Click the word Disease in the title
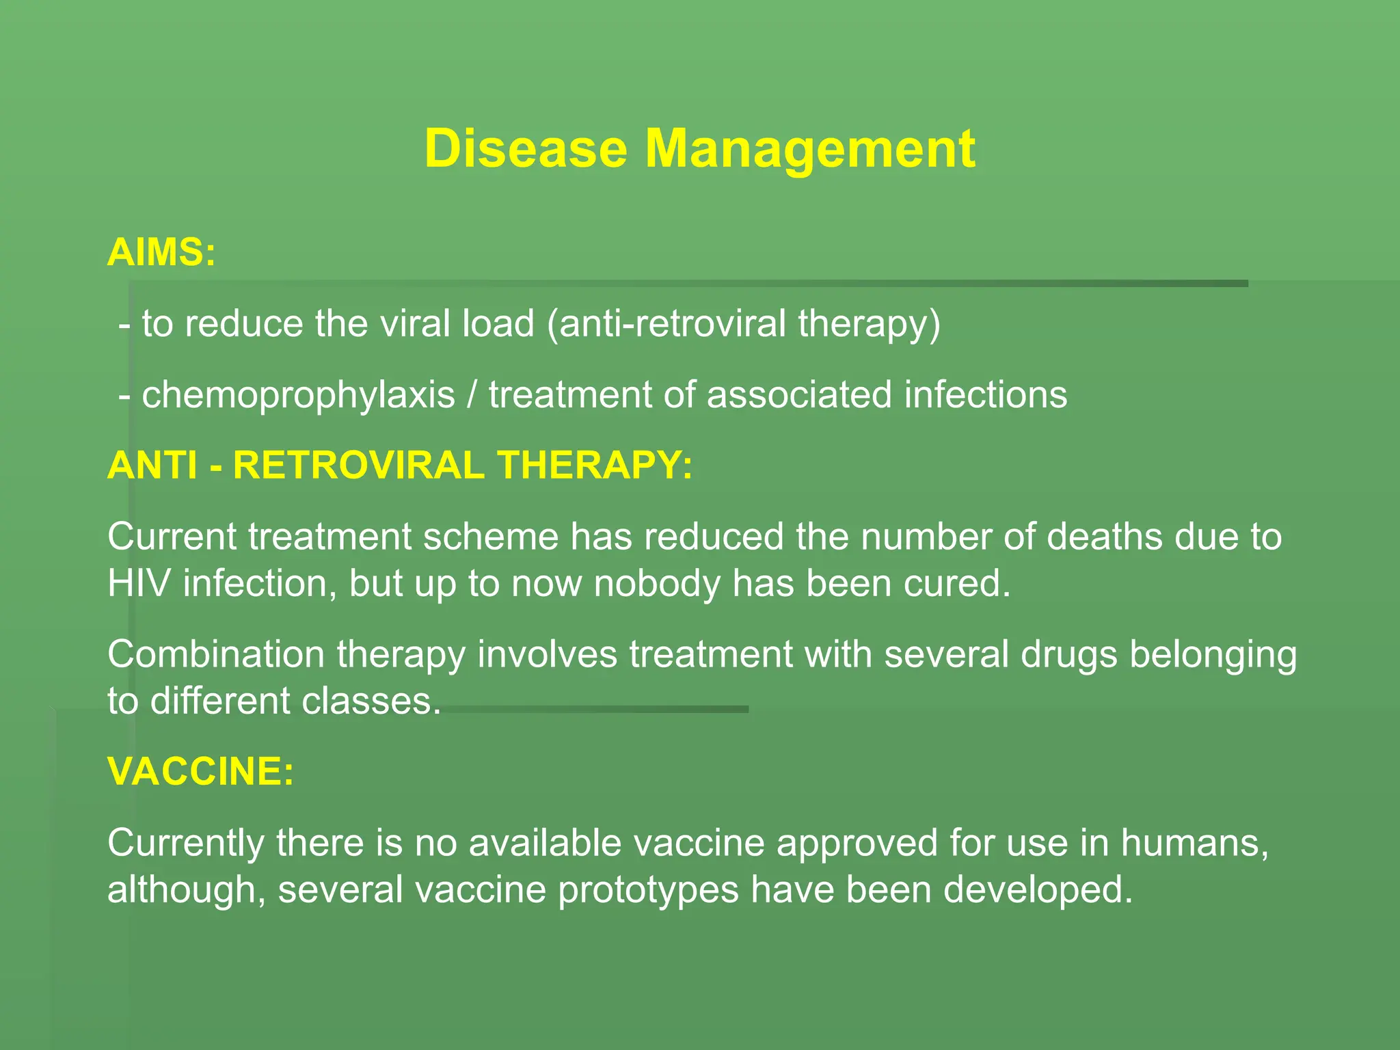coord(525,148)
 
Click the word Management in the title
coord(810,148)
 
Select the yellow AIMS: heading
coord(161,252)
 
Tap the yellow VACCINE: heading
coord(201,771)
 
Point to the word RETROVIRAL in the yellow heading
coord(359,466)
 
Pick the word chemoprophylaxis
coord(298,395)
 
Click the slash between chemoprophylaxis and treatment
coord(472,395)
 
